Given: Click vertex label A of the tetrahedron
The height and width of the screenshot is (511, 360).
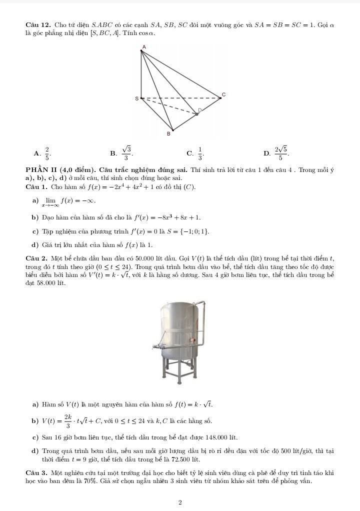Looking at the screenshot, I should (x=143, y=46).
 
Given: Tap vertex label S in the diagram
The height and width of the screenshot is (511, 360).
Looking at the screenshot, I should (x=136, y=98).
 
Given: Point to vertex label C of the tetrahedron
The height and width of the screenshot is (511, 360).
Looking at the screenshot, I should (x=223, y=94).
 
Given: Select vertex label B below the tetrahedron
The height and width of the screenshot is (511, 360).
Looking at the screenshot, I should (x=168, y=133).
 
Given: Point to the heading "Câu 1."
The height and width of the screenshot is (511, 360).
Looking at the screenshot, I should (x=36, y=187).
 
